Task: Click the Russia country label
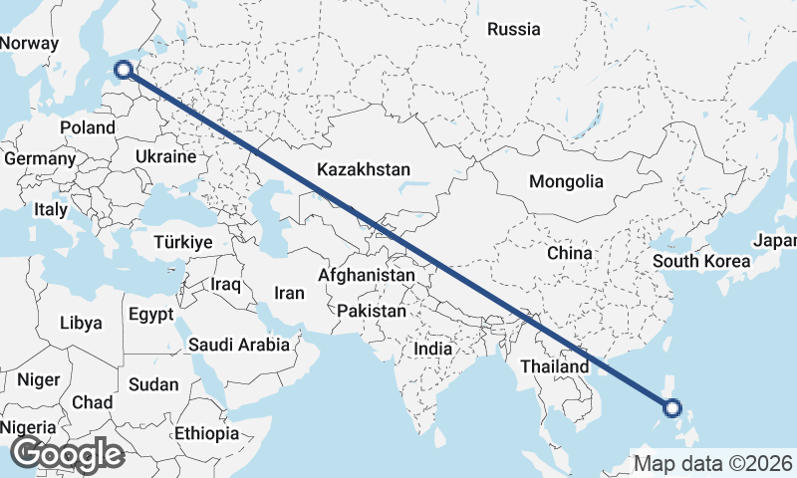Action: [x=513, y=29]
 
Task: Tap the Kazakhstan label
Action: [x=364, y=170]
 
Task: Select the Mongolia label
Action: [x=566, y=181]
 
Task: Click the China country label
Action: [x=570, y=253]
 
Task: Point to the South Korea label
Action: [x=701, y=262]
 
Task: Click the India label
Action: [x=433, y=350]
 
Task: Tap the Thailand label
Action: [x=554, y=366]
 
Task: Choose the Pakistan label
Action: [x=372, y=311]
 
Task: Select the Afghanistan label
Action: [x=367, y=275]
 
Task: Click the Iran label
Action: [x=289, y=293]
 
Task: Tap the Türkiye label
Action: [x=183, y=243]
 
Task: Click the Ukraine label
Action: [x=165, y=157]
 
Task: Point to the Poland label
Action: [x=88, y=127]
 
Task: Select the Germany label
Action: [x=40, y=158]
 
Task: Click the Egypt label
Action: [x=151, y=314]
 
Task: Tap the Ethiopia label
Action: [x=206, y=433]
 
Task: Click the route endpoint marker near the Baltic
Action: [x=124, y=69]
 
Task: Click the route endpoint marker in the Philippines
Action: [x=672, y=407]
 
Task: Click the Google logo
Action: [x=68, y=454]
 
